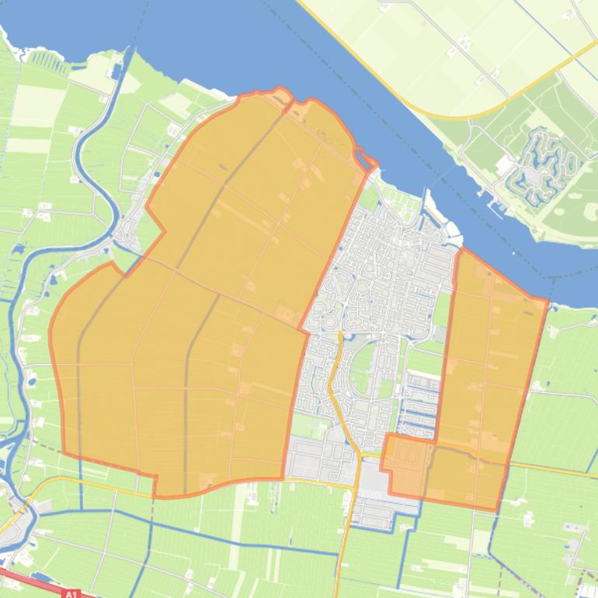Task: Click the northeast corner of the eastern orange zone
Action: (547, 301)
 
